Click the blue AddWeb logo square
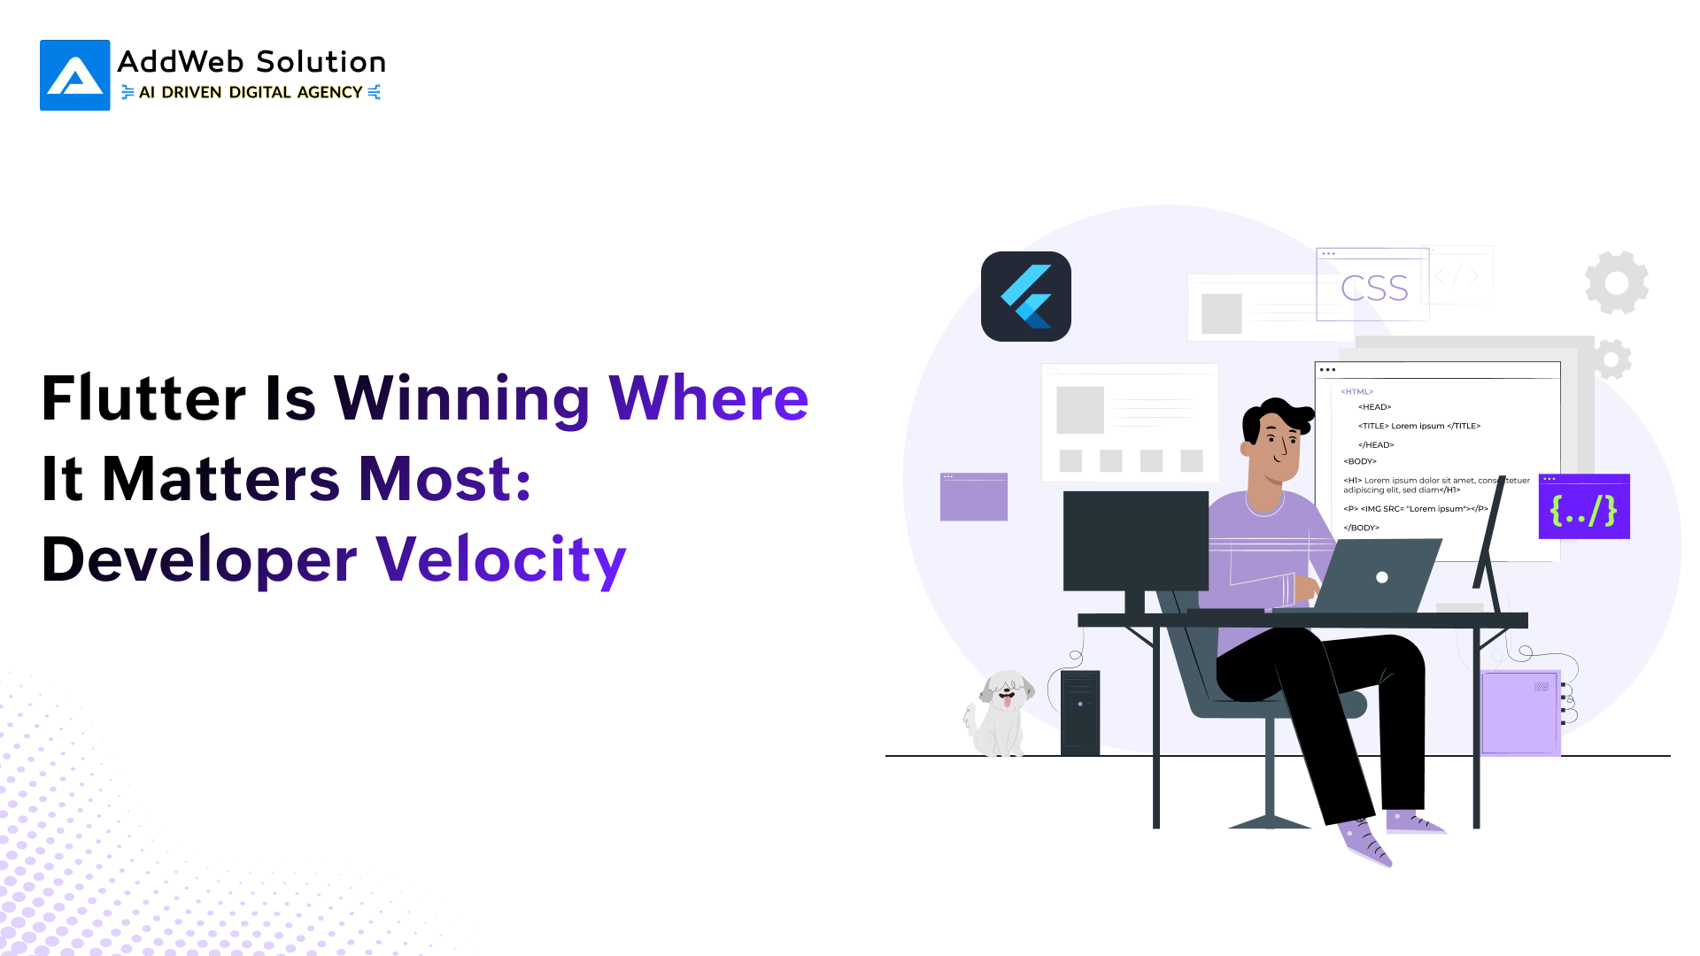click(x=75, y=75)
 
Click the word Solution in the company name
click(x=321, y=62)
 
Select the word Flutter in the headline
click(x=143, y=398)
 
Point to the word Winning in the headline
click(x=461, y=400)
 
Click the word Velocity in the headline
click(x=501, y=561)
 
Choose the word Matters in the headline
click(x=221, y=480)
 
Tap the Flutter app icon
click(x=1026, y=297)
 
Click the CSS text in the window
click(x=1374, y=289)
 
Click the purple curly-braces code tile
click(x=1584, y=506)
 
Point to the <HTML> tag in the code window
click(x=1356, y=391)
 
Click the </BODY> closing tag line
click(x=1361, y=528)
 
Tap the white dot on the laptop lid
click(x=1382, y=577)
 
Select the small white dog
click(x=1000, y=713)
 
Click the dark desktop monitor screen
click(x=1136, y=541)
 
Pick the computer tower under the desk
click(x=1080, y=713)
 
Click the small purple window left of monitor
click(x=974, y=497)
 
